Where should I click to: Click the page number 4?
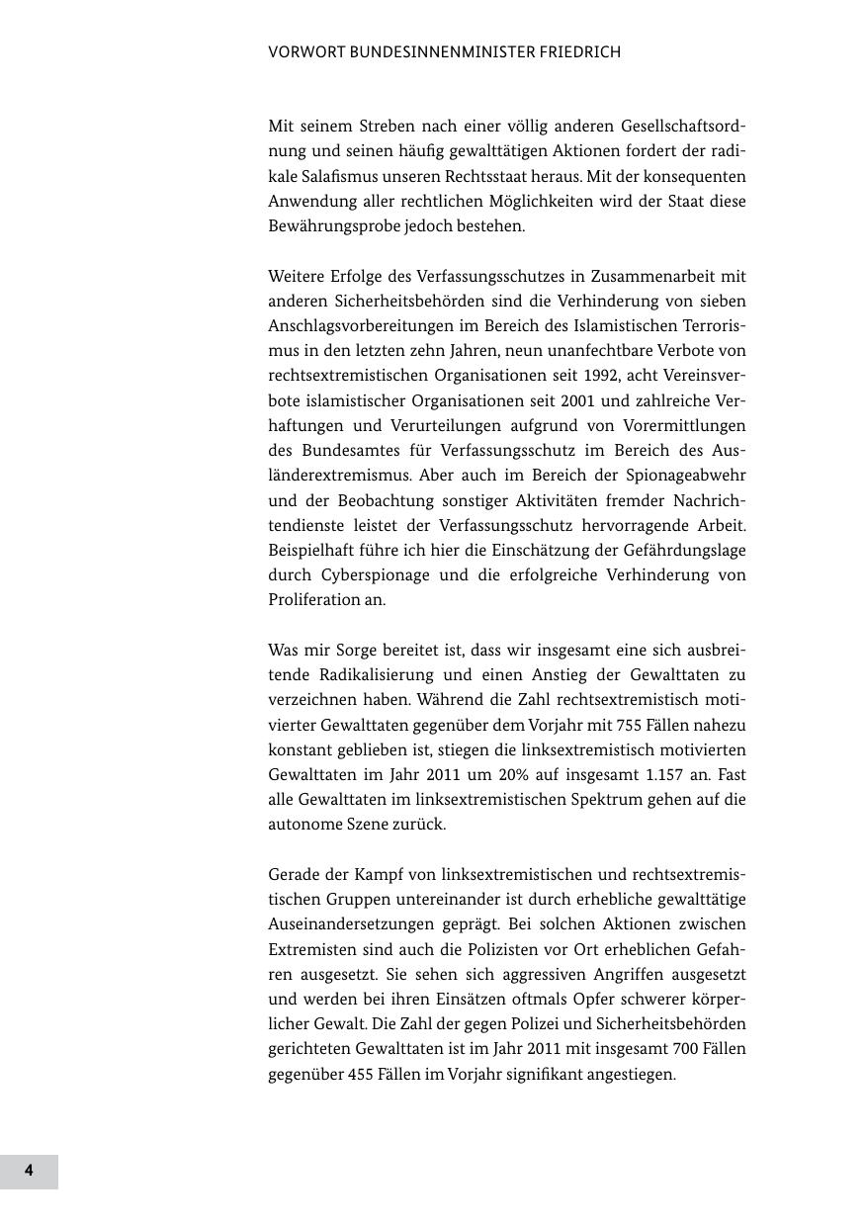pyautogui.click(x=29, y=1171)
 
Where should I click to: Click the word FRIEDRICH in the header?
pyautogui.click(x=578, y=52)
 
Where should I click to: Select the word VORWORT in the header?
pyautogui.click(x=306, y=52)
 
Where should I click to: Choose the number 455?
pyautogui.click(x=361, y=1074)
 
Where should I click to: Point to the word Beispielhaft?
pyautogui.click(x=311, y=550)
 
